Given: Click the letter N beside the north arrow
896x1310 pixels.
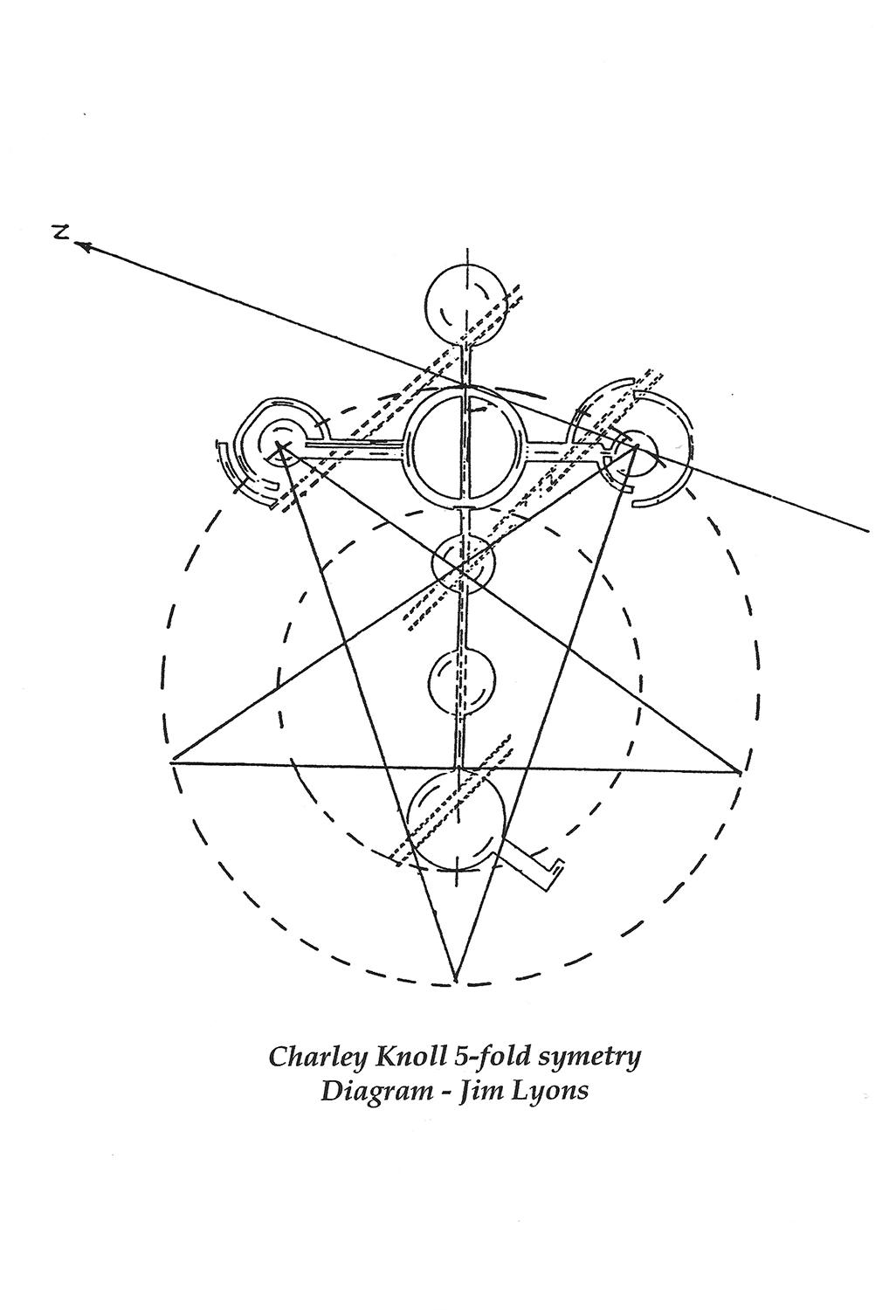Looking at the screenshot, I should tap(59, 232).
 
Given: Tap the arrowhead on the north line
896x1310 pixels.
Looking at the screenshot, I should tap(84, 247).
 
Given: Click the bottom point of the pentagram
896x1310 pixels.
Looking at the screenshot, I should tap(455, 981).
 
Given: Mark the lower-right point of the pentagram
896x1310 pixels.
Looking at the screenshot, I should tap(741, 772).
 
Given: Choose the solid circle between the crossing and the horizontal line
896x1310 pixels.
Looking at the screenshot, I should tap(462, 681).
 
